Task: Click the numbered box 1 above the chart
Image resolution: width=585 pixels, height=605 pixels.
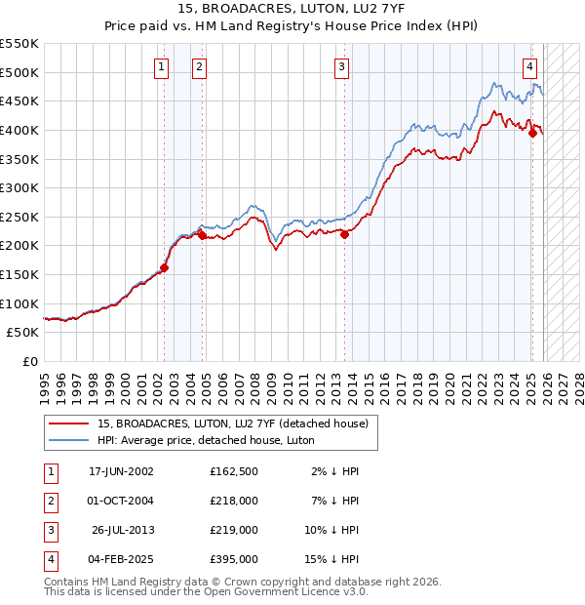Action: point(160,67)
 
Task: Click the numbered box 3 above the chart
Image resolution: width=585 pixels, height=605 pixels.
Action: point(342,67)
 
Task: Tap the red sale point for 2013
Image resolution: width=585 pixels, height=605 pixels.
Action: point(345,234)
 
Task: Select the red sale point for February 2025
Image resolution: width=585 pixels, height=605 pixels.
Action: point(532,134)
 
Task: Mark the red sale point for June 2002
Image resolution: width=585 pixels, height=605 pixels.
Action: point(164,267)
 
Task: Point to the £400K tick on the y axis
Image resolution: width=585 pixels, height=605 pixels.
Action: point(20,130)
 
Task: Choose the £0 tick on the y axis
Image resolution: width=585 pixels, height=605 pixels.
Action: point(29,361)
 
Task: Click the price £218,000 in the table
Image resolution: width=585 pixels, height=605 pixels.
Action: point(234,500)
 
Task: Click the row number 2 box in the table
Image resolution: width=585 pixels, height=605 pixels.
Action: point(50,500)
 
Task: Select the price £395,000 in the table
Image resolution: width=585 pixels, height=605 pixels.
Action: point(234,559)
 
